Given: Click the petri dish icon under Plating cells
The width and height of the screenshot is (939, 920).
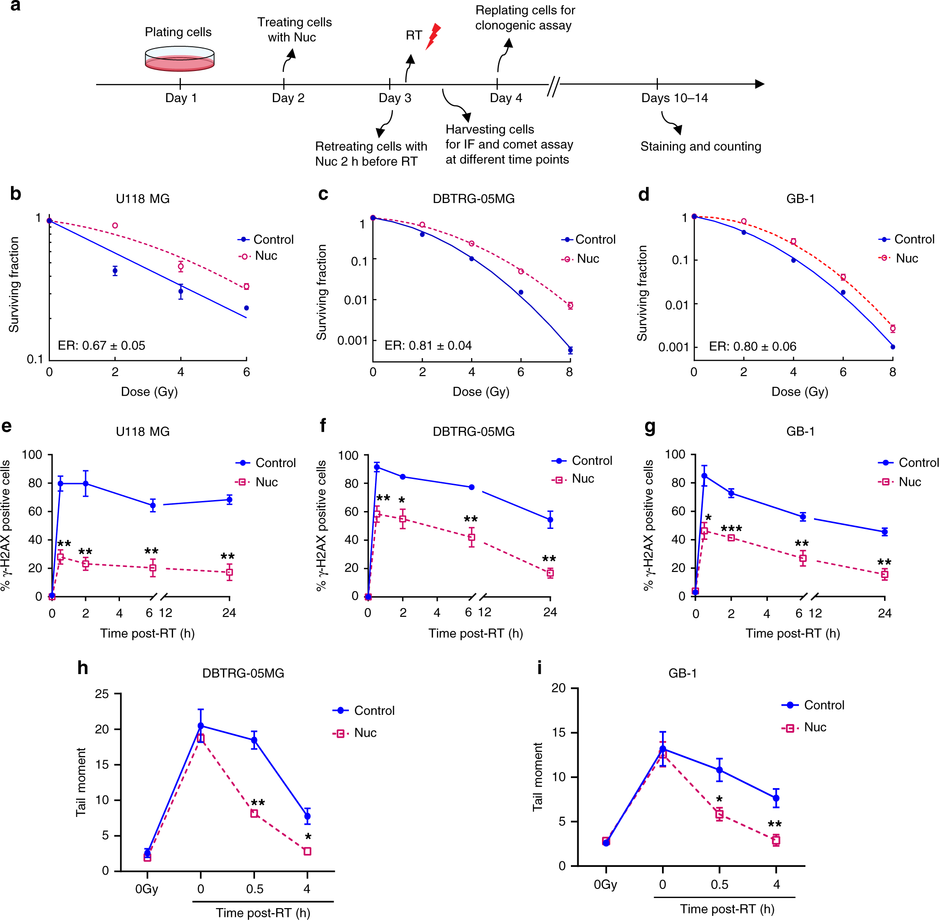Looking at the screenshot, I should (179, 59).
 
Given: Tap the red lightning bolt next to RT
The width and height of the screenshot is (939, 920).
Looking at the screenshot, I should (433, 36).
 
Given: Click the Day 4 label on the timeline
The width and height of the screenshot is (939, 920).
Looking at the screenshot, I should (505, 98).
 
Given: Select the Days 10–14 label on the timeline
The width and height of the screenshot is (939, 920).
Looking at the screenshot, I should (674, 98).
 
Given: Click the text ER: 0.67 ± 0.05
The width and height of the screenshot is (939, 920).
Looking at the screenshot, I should (102, 345).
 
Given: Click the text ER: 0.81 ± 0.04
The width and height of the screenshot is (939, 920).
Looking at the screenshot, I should (428, 345).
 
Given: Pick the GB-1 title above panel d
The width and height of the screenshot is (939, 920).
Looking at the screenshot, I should (800, 199).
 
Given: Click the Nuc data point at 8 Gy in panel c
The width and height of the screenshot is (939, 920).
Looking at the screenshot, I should (570, 305).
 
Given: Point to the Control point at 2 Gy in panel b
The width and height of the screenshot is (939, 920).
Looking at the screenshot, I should (115, 271).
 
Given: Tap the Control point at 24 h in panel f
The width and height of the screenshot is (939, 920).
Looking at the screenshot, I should (550, 520).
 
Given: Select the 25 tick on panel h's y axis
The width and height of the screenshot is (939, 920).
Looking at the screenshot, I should (102, 694).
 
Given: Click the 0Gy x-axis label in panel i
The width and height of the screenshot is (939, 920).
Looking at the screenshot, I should (605, 884).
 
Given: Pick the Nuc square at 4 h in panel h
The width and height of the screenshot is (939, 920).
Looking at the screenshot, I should (307, 851).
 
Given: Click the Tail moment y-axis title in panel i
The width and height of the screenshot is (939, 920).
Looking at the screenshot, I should (537, 777).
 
